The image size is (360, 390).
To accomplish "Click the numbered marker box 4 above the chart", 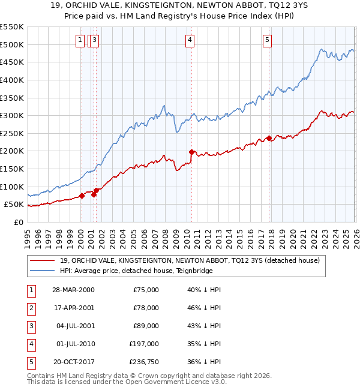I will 189,40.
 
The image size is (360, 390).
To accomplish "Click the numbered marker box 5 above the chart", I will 266,40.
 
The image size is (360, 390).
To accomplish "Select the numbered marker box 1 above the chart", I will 80,40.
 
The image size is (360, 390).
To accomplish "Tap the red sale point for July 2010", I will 191,152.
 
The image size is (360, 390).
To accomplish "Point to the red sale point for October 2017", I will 269,138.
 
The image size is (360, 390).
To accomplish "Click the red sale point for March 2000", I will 82,196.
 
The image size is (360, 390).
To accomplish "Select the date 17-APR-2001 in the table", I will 73,308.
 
